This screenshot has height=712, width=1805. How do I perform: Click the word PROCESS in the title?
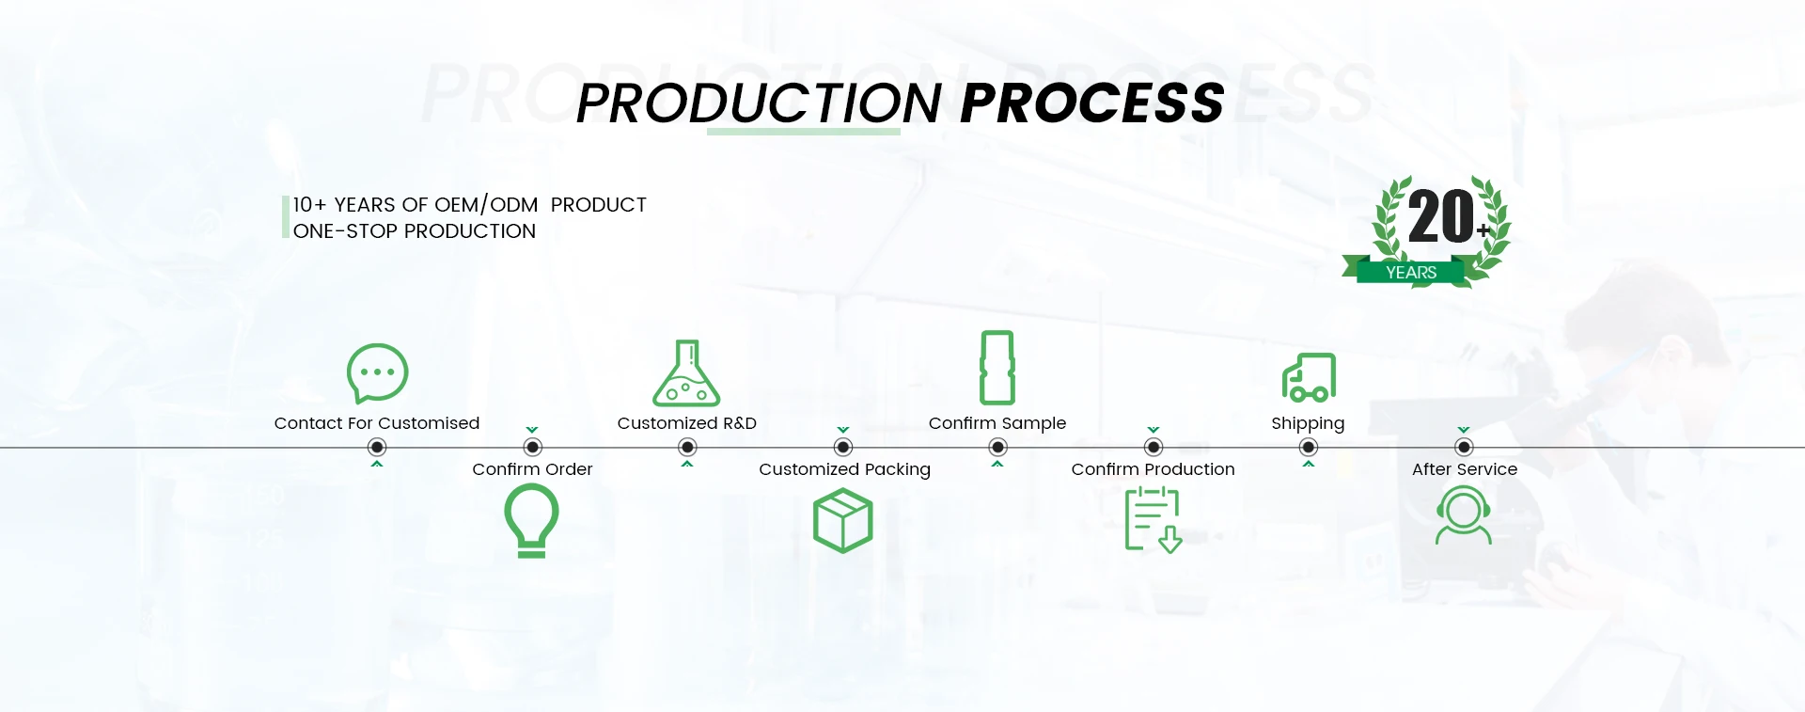1092,103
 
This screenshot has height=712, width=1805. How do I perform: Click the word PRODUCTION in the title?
759,103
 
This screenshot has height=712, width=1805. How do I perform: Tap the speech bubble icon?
377,373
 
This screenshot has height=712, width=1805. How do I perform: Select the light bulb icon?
532,520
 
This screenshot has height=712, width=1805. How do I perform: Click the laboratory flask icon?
687,373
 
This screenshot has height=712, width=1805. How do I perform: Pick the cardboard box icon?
843,520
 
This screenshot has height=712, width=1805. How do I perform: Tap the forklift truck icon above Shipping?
1309,378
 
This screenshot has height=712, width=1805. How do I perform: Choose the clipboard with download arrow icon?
1153,520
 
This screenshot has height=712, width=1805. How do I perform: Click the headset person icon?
1464,515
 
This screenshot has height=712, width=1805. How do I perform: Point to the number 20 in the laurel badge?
1440,217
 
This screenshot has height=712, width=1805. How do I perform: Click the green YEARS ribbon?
1410,273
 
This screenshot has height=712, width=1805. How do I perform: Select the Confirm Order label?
532,469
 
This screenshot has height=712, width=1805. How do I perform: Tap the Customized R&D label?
686,423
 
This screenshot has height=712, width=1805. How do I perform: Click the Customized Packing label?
844,469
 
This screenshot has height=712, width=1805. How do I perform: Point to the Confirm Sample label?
997,423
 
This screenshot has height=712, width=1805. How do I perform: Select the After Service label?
1464,469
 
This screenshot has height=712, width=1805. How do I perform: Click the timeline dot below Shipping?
1309,448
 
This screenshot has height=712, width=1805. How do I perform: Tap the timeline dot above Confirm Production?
1154,448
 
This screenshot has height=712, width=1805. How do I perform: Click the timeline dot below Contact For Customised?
377,448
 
